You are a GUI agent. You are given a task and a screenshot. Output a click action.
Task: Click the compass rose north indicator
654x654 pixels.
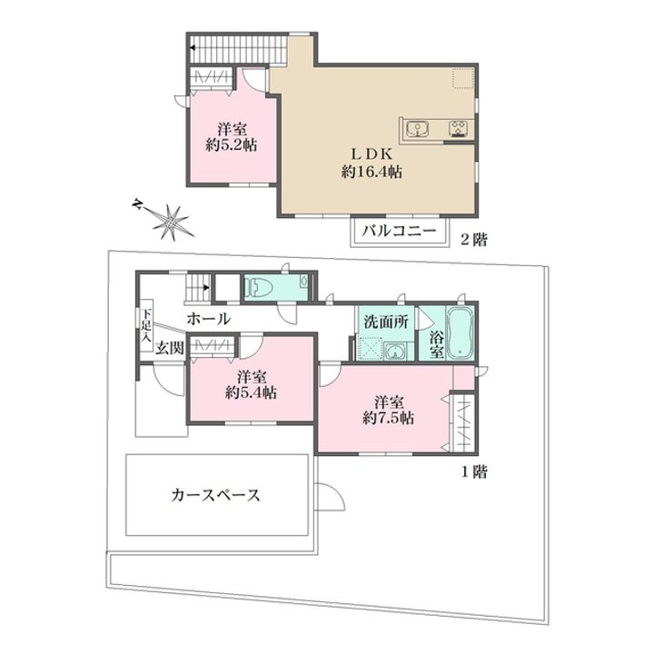tap(170, 219)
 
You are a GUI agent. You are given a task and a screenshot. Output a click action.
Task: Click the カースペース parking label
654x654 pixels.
tap(216, 495)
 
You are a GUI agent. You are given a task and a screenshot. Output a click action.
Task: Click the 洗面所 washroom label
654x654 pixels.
tap(385, 321)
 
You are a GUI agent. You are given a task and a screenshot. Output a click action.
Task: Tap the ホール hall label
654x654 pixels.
tap(208, 319)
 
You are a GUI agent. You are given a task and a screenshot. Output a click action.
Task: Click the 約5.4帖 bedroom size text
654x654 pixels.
tap(252, 393)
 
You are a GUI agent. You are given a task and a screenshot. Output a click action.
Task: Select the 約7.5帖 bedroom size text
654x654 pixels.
tap(389, 418)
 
